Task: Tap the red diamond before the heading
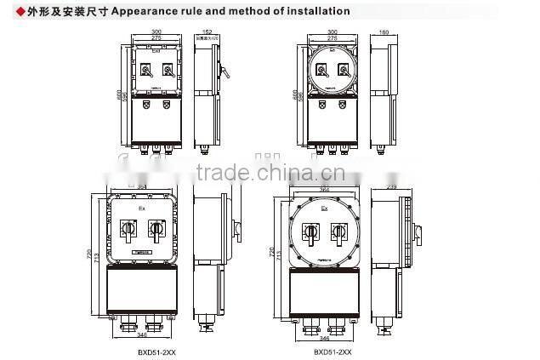(9, 11)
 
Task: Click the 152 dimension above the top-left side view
(207, 31)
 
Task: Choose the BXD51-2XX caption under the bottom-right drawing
(332, 351)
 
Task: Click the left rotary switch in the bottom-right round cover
(311, 232)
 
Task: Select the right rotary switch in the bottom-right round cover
(338, 232)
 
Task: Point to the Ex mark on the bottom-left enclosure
(142, 208)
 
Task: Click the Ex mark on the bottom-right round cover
(324, 209)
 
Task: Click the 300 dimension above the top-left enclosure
(156, 31)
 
